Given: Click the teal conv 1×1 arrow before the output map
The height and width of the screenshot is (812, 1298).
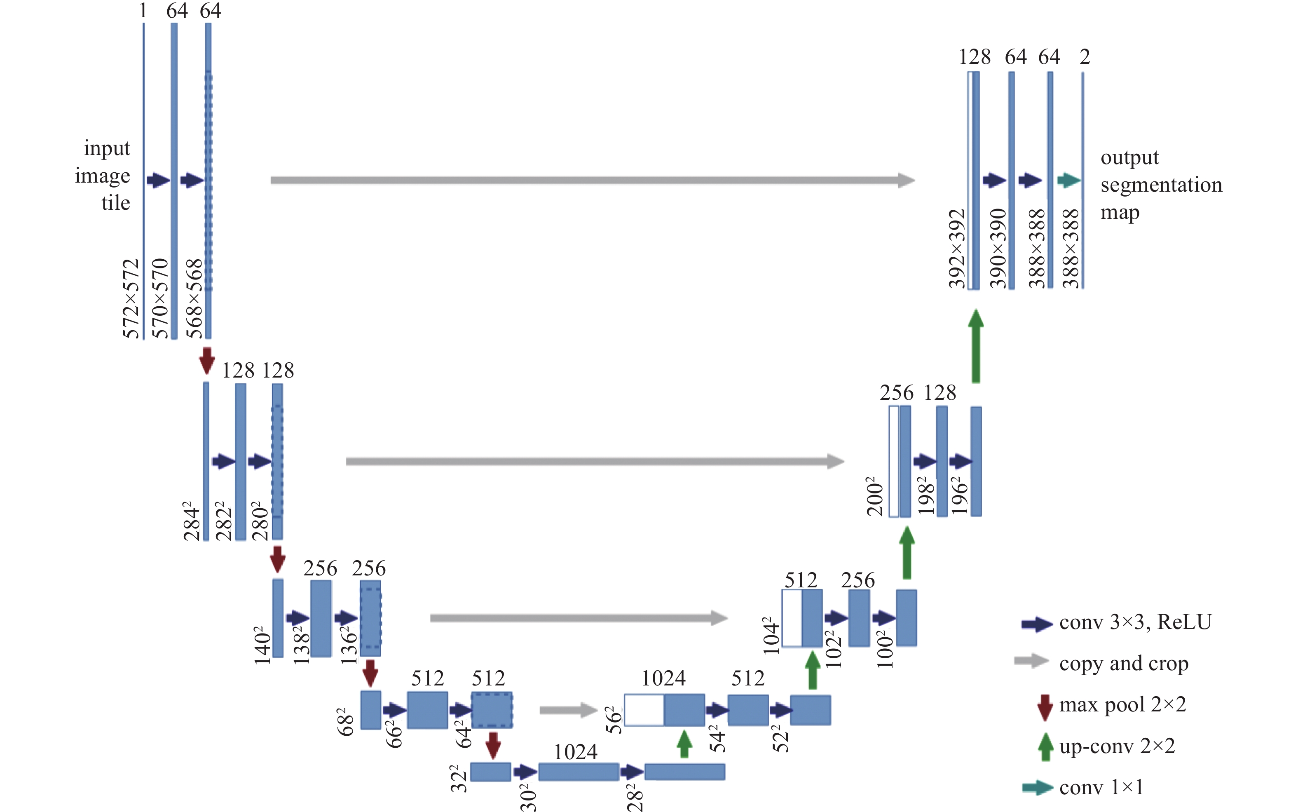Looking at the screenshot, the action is pos(1069,180).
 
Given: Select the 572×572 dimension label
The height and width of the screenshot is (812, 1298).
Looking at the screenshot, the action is pos(131,298).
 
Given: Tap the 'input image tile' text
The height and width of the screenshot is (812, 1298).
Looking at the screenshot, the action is pos(103,175).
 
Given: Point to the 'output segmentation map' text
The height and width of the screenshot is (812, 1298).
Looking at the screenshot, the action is pos(1161,184).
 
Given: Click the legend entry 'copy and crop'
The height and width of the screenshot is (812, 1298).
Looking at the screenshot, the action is pos(1124,664).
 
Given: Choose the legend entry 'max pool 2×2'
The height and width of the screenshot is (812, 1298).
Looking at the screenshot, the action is pos(1122,704).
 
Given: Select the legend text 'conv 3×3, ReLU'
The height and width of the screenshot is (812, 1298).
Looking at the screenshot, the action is pos(1135,622).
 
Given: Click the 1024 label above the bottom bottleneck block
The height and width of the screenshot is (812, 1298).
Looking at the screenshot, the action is pos(576,751).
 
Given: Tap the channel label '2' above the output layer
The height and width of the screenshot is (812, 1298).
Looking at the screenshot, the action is pos(1085,56).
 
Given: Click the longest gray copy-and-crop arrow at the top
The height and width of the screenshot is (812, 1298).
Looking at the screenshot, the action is pos(593,180).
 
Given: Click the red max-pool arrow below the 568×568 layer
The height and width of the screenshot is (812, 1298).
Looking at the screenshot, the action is pos(207,360).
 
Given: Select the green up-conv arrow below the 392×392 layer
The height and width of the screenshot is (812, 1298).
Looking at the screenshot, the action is pos(976,346).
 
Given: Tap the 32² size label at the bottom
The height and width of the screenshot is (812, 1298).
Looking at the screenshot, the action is pos(459,779).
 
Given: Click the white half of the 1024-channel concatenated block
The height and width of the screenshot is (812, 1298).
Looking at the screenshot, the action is pos(644,710).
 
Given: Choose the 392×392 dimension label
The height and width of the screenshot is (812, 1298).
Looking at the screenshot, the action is pos(956,249).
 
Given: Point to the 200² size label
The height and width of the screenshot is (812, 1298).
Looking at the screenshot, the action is pos(874,496).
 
